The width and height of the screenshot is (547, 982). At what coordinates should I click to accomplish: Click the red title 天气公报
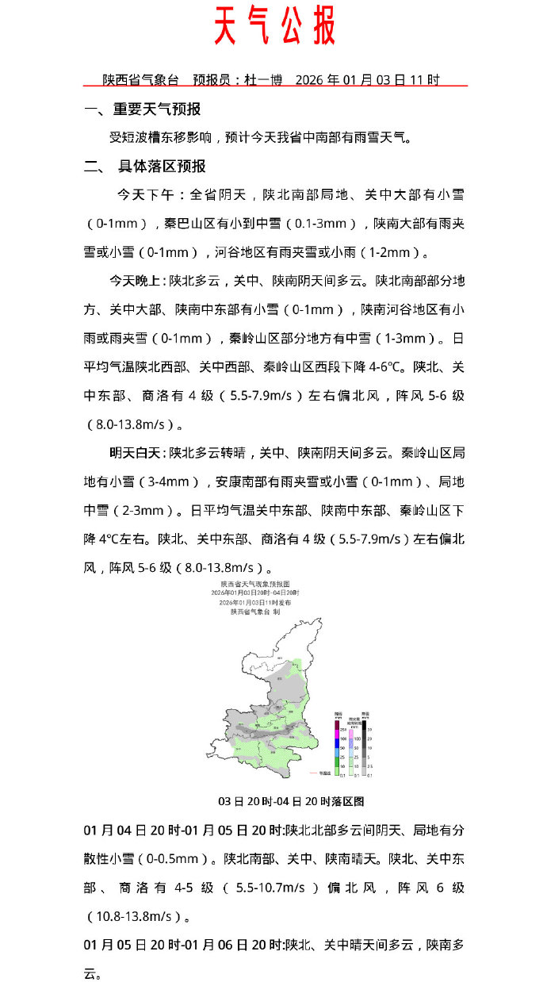click(274, 27)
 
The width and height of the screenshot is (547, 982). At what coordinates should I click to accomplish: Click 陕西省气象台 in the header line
click(141, 80)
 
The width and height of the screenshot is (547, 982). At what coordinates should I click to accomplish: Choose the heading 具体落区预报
click(162, 167)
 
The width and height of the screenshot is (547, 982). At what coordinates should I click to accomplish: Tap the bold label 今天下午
click(147, 195)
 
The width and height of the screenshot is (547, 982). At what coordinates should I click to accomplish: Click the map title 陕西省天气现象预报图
click(254, 584)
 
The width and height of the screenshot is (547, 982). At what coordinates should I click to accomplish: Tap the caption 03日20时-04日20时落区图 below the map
click(291, 801)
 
